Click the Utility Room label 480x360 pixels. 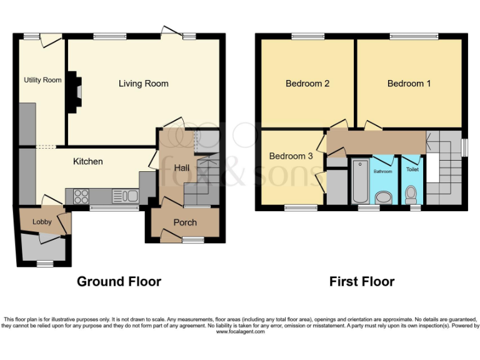pos(42,80)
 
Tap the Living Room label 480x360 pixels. pos(143,83)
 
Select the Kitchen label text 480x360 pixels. pos(88,161)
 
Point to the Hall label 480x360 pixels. pos(182,167)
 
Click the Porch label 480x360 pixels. pos(185,222)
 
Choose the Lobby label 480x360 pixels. pos(42,221)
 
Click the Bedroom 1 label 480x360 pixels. pos(409,83)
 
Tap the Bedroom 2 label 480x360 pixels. pos(307,83)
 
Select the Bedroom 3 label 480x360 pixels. pos(291,156)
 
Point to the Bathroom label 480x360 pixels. pos(383,171)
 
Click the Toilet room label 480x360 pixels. pos(412,169)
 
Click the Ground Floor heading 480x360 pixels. pos(119,281)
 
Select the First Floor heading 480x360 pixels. pos(362,281)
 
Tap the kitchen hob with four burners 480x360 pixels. pos(81,196)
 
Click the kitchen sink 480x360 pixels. pos(125,196)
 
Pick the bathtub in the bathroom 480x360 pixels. pos(361,182)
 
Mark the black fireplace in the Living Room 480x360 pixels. pos(74,92)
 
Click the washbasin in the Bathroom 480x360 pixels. pos(383,198)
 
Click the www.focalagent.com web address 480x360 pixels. pos(240,332)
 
